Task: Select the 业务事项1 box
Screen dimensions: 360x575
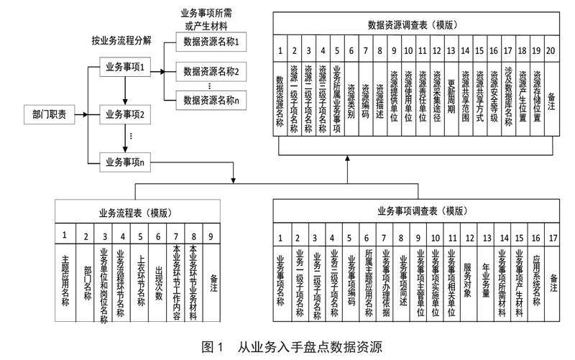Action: click(x=126, y=69)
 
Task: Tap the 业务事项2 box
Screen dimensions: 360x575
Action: click(x=126, y=114)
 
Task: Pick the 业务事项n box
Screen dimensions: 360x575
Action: click(x=126, y=161)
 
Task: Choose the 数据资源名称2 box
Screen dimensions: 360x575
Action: click(x=211, y=71)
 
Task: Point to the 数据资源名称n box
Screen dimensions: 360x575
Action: click(x=211, y=100)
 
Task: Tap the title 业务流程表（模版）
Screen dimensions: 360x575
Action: click(x=134, y=213)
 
